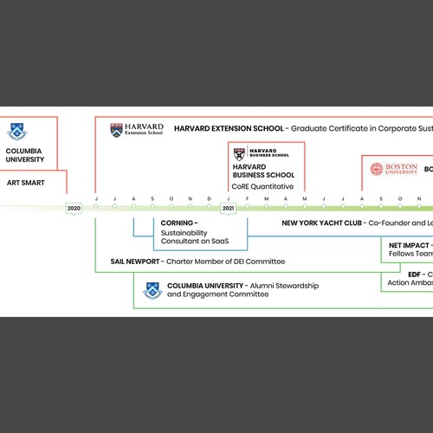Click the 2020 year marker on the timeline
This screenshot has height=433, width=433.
coord(74,209)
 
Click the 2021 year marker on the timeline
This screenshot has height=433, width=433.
coord(229,209)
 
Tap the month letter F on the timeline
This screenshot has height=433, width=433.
coord(248,198)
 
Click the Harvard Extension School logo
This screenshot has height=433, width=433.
coord(137,129)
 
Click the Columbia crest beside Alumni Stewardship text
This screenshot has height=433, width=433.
coord(152,289)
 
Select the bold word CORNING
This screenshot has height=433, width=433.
coord(178,223)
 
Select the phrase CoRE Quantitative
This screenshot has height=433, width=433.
coord(262,186)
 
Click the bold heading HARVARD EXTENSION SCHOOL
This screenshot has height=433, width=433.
coord(229,128)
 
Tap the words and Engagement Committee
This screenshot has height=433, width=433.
coord(217,294)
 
